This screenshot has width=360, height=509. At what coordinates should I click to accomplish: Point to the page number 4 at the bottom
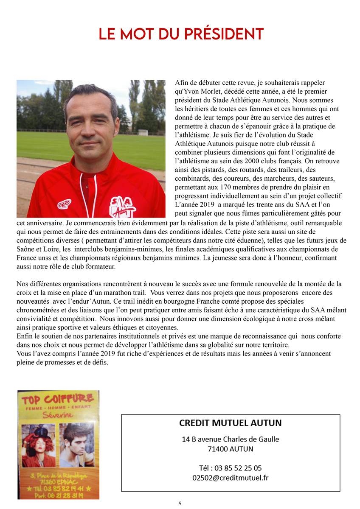point(180,503)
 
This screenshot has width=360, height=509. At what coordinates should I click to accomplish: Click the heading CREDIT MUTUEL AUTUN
point(231,423)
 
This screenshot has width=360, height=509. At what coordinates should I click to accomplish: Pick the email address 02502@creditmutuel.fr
point(231,478)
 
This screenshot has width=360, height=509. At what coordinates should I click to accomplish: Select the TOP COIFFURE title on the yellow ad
point(58,399)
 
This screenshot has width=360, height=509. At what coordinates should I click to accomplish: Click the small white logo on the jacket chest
point(64,204)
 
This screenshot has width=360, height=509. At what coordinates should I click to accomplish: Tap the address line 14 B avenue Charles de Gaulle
point(231,439)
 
